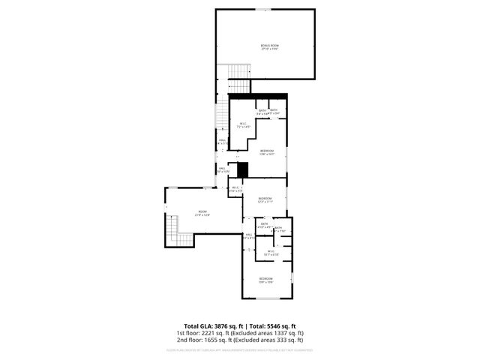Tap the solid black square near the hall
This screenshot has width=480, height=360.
pos(242,169)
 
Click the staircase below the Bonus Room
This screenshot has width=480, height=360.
pos(238,73)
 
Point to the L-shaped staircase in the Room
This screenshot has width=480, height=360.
pos(178,229)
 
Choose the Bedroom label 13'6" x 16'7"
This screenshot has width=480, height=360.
pos(267,153)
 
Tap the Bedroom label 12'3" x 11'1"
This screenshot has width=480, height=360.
pos(265,200)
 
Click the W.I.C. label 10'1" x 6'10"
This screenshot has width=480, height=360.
pos(271,253)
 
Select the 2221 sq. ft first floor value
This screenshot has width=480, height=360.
pos(212,332)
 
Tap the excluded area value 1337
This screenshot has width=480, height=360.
pos(277,332)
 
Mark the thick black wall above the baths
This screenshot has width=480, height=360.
pos(258,95)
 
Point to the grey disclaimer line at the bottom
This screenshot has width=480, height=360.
pos(240,349)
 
